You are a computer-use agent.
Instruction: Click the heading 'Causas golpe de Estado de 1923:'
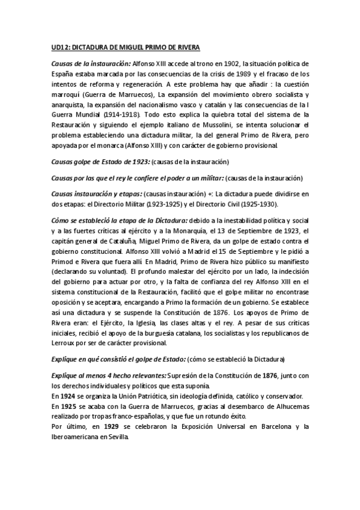pyautogui.click(x=100, y=162)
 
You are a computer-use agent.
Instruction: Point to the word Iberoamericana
pyautogui.click(x=76, y=437)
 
